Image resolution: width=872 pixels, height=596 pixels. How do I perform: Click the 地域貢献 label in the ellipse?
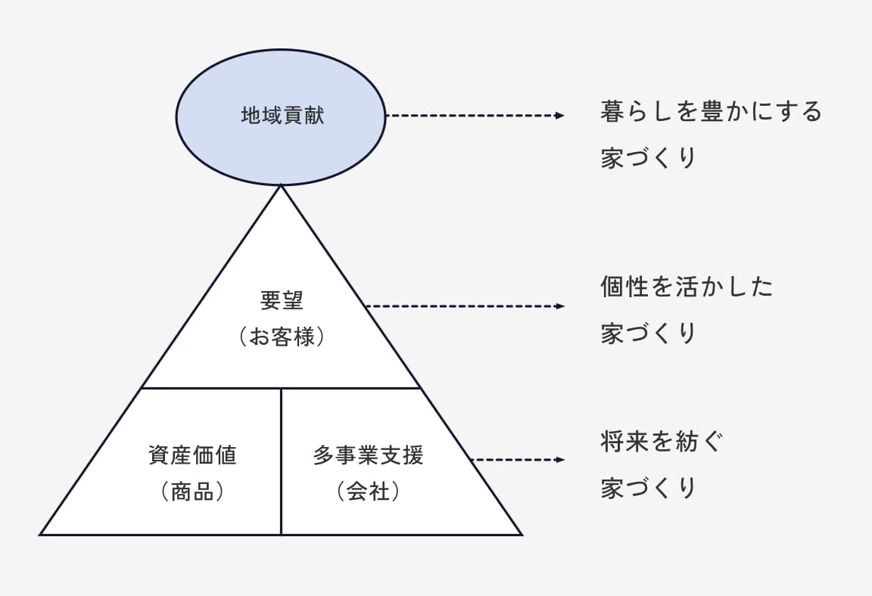coord(282,116)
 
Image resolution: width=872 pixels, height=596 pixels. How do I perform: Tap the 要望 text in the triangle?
coord(282,300)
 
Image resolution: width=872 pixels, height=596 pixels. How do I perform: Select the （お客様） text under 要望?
coord(282,337)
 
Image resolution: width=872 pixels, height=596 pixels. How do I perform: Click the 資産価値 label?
coord(192,455)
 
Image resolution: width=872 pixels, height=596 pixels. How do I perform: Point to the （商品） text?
coord(192,492)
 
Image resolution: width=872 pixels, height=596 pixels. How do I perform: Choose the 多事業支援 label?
coord(369,455)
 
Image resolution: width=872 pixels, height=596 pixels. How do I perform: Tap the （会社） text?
coord(369,492)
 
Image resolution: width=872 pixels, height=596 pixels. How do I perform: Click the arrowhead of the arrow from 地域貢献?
coord(560,116)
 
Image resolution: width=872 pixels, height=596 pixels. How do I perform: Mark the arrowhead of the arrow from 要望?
coord(560,306)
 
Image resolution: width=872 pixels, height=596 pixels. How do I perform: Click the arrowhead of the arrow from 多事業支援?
coord(560,460)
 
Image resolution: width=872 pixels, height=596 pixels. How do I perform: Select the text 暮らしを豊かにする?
coord(711,112)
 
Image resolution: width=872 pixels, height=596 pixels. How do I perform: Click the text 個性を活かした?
coord(687,287)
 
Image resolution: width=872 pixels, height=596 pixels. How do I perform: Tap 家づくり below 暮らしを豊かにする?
coord(648,158)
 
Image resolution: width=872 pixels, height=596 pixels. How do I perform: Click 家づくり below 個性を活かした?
coord(648,334)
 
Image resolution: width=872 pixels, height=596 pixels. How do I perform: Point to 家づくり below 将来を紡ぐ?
coord(648,488)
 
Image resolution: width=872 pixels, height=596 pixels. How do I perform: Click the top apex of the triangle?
coord(281,186)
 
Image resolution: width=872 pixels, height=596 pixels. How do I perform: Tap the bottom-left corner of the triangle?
coord(42,534)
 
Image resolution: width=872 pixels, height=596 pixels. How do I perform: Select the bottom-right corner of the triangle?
coord(521,534)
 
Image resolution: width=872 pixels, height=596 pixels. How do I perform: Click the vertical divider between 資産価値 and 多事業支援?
coord(281,461)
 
